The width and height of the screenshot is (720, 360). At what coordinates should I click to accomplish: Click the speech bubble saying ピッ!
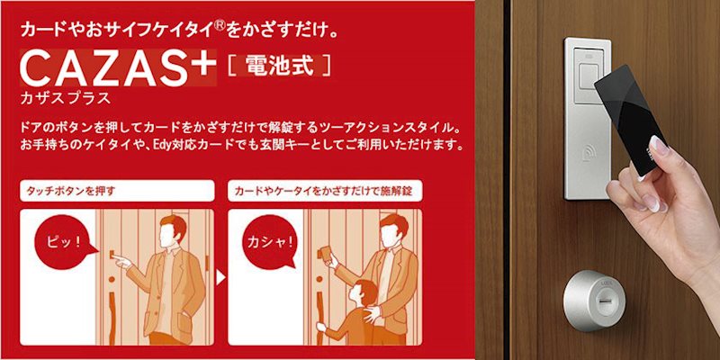pos(58,242)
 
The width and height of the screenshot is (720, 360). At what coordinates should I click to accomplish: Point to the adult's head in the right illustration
pos(388,231)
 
